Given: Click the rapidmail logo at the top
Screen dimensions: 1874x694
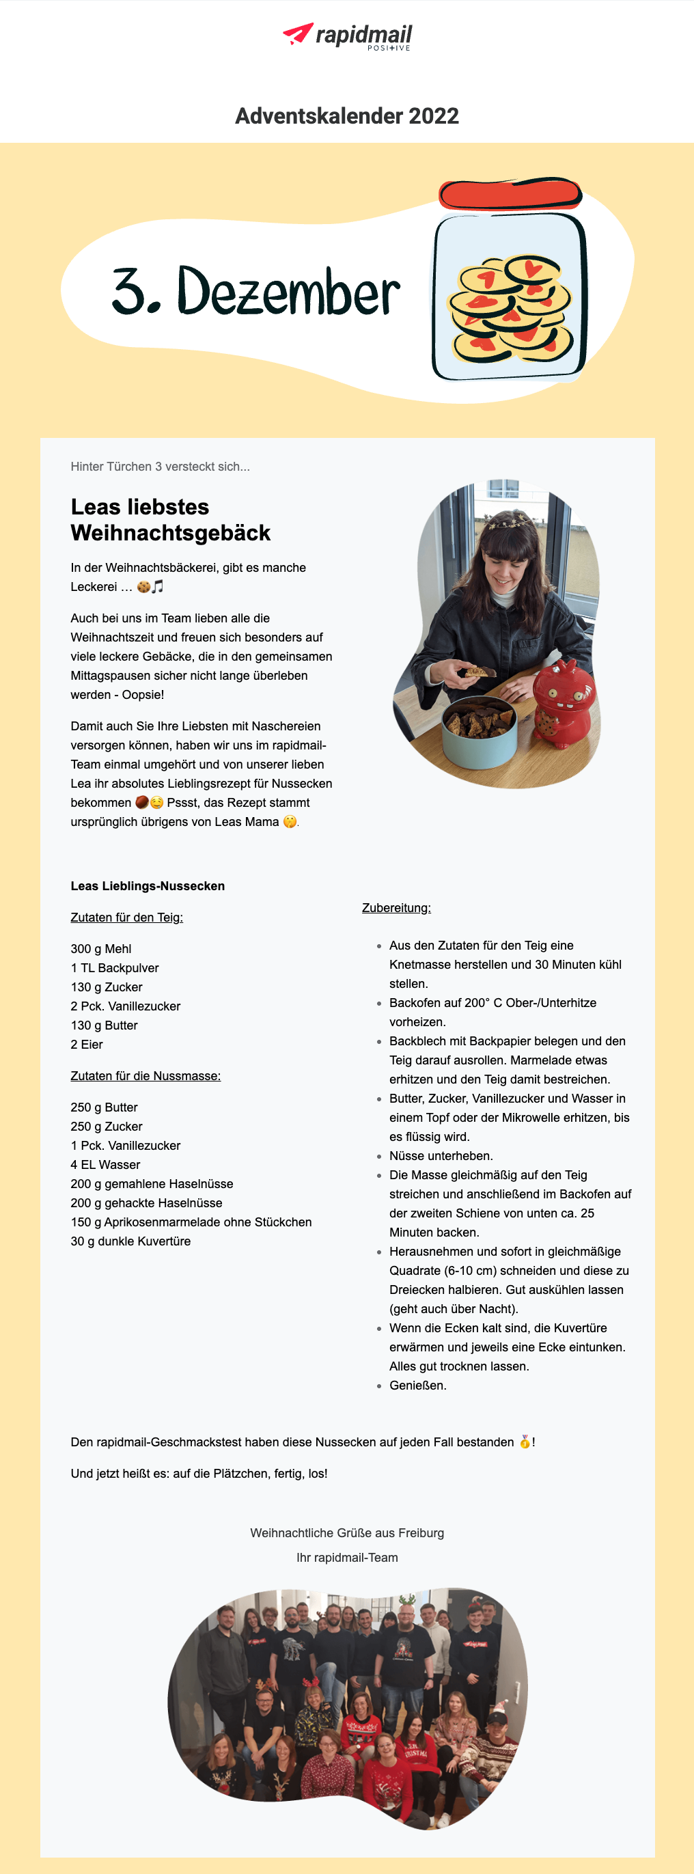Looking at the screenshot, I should (347, 36).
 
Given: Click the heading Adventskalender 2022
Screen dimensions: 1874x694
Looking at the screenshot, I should (347, 115).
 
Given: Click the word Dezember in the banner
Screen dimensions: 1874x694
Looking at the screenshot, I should (288, 292).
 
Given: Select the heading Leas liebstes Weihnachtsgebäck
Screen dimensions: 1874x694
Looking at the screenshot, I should (170, 519).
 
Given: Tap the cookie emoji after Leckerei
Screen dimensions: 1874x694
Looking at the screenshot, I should (143, 586).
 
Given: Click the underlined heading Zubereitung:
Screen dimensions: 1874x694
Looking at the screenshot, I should (396, 908).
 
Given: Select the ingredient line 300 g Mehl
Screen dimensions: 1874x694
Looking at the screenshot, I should (101, 949).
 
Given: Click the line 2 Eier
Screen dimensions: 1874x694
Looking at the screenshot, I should (87, 1045).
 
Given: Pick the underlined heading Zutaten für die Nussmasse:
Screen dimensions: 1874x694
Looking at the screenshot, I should (145, 1076).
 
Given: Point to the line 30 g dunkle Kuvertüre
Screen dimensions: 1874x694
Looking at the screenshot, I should (130, 1241).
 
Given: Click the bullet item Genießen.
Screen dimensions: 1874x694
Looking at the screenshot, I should (417, 1385).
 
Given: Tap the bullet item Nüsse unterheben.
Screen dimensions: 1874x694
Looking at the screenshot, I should (441, 1156).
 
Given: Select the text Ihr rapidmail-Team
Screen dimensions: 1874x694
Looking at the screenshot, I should (347, 1558).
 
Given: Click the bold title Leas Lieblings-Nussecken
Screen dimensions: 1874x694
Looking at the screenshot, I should (148, 886).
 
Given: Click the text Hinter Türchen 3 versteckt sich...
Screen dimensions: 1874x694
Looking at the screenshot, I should (160, 467).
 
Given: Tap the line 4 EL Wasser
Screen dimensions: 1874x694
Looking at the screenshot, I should (105, 1165).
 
